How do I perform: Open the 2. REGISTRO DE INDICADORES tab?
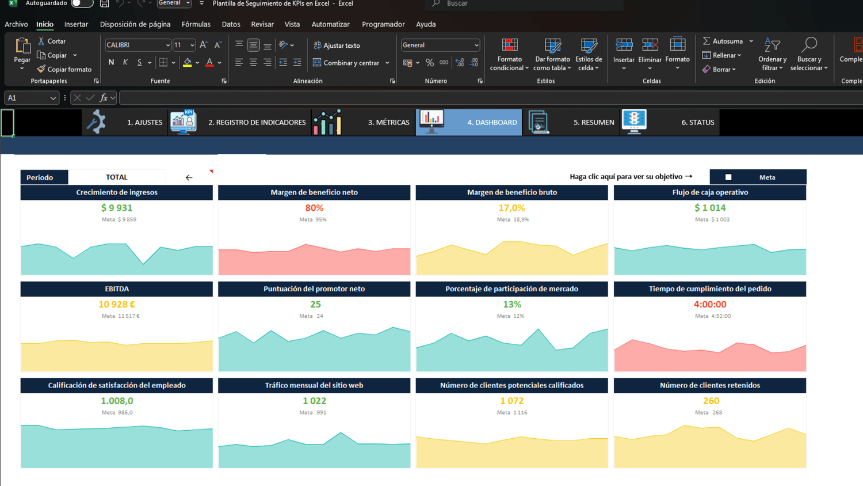tap(257, 122)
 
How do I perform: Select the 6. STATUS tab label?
tap(698, 122)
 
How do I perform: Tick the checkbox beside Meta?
tap(728, 177)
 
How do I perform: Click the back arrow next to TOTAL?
tap(189, 177)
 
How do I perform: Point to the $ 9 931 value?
tap(117, 208)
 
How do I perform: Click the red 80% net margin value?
tap(314, 208)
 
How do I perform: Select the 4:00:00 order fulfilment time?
tap(710, 305)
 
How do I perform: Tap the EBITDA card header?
tap(116, 289)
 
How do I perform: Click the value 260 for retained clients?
tap(711, 401)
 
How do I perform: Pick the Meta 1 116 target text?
tap(512, 412)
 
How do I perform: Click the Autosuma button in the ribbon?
tap(727, 41)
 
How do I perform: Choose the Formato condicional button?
tap(509, 54)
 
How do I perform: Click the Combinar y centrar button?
tap(351, 63)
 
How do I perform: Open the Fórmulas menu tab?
tap(196, 24)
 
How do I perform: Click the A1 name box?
tap(32, 98)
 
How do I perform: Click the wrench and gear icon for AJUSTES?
tap(96, 122)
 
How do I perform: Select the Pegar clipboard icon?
tap(22, 45)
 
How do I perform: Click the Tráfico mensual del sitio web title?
tap(314, 385)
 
